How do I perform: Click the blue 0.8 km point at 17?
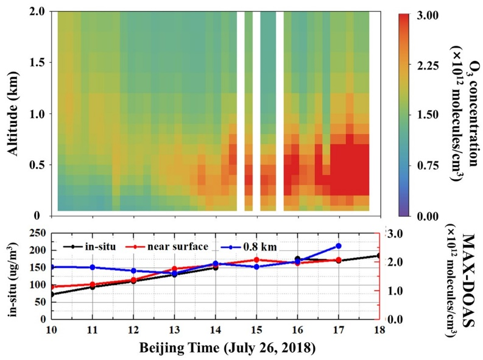coord(339,245)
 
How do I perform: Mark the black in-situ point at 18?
coord(379,256)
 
